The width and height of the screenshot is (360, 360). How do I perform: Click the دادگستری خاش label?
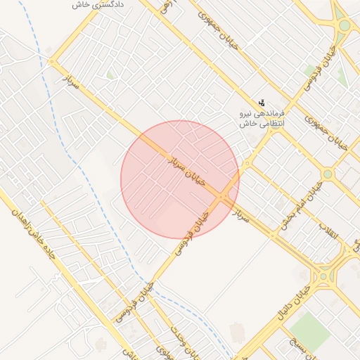coord(98,5)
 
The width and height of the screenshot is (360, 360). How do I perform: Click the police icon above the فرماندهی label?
coord(262,103)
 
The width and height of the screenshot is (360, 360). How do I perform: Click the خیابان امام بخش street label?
coord(302,205)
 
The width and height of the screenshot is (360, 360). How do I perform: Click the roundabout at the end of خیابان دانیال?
coord(323,275)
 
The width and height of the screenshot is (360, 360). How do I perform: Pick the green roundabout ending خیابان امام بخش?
coord(328,174)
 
